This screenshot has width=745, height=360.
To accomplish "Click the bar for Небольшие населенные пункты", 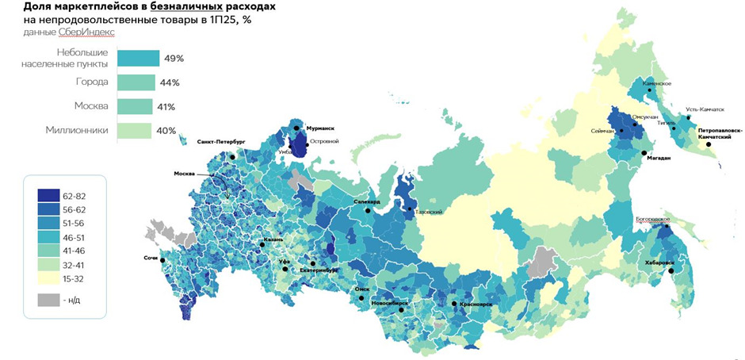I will click(x=138, y=58).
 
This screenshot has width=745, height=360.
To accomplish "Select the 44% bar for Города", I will click(x=136, y=82).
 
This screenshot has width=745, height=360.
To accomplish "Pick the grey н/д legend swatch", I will click(x=48, y=300).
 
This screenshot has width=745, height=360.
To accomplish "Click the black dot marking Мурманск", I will click(x=296, y=128).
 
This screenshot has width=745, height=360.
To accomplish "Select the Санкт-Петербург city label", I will click(x=222, y=141).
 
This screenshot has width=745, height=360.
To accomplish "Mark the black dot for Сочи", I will click(x=162, y=261).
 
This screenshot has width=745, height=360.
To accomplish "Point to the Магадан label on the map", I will click(x=658, y=158).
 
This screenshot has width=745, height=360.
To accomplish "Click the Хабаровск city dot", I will click(x=670, y=270).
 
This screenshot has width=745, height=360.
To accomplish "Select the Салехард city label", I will click(x=367, y=202).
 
